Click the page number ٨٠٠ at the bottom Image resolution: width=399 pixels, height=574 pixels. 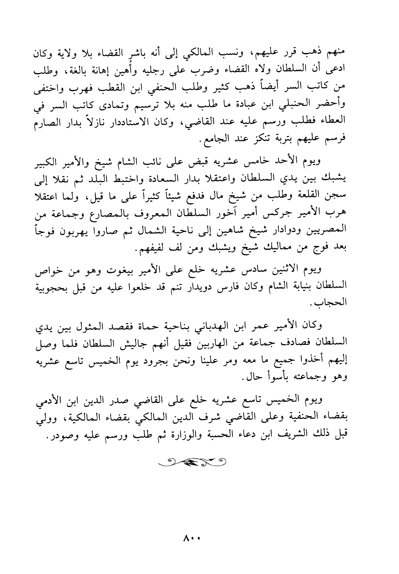(192, 538)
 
